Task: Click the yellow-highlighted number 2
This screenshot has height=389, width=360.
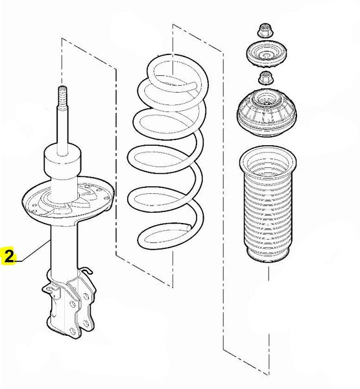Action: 8,257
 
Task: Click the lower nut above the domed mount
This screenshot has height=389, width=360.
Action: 265,78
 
